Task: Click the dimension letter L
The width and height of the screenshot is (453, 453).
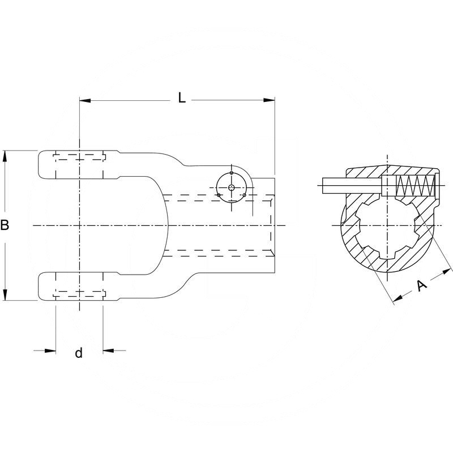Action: (x=181, y=97)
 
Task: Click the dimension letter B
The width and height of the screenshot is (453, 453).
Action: (x=5, y=225)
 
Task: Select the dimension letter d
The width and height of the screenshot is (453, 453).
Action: (x=79, y=353)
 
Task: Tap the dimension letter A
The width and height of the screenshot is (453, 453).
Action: (x=421, y=286)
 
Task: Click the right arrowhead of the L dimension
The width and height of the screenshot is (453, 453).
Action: (x=270, y=101)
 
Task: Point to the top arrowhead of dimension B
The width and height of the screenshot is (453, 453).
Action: (x=5, y=155)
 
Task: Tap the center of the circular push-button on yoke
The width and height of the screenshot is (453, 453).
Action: (x=232, y=187)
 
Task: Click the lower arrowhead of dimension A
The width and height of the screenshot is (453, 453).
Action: (x=396, y=298)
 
